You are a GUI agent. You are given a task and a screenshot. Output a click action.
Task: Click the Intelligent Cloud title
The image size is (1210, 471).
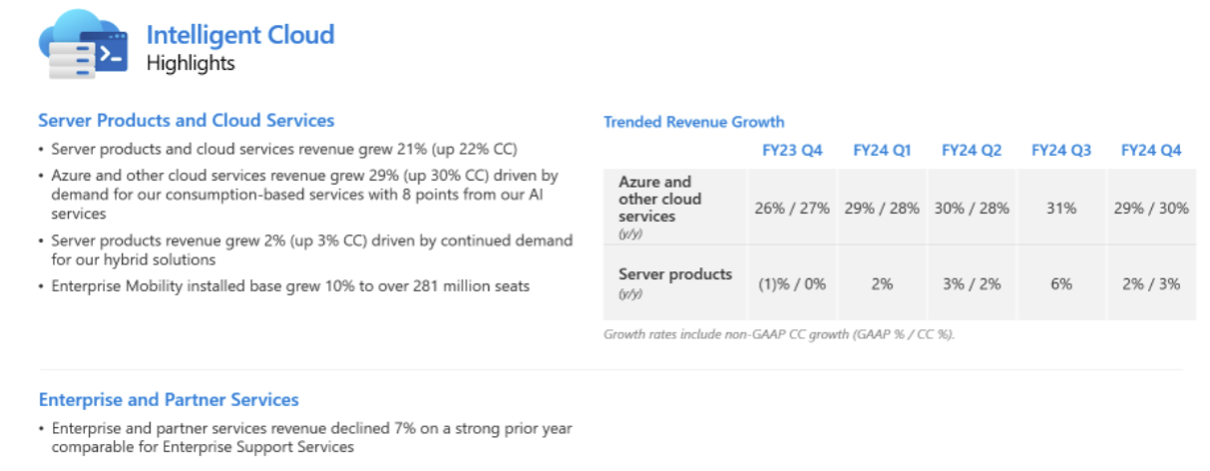(239, 35)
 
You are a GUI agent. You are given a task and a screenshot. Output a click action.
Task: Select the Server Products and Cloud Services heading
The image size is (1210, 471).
(187, 121)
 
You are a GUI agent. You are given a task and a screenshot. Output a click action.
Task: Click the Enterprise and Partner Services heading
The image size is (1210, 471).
(169, 400)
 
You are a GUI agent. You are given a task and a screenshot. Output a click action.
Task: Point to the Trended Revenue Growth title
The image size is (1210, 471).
(694, 122)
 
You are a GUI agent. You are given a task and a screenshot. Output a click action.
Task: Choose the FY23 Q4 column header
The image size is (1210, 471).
(792, 151)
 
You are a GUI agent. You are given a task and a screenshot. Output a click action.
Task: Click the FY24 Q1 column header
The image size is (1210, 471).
(882, 151)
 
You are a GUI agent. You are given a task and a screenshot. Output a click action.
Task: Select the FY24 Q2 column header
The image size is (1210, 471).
(972, 151)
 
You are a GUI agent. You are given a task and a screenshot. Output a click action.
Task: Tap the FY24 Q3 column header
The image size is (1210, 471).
(1061, 151)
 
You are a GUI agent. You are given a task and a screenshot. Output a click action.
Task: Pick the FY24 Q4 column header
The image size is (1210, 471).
(1151, 151)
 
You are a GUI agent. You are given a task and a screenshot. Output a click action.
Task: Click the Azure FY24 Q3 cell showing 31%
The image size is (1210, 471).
(1061, 208)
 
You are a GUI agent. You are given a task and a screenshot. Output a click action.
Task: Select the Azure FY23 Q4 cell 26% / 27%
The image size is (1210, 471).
(792, 208)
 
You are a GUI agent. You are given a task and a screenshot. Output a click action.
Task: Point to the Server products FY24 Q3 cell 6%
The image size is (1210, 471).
(1061, 283)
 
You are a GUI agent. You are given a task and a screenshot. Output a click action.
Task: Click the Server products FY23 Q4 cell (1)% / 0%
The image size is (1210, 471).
(792, 283)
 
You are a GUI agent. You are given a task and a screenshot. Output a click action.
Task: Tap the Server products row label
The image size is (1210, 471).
(675, 274)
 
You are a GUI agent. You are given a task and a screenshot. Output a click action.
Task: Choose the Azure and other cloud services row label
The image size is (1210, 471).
(659, 200)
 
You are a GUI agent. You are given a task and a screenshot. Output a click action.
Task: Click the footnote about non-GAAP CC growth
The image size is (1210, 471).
(779, 334)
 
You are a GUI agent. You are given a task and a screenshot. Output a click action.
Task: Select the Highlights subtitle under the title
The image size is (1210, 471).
(191, 63)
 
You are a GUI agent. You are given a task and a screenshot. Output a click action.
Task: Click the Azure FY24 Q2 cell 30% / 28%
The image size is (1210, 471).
(972, 208)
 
